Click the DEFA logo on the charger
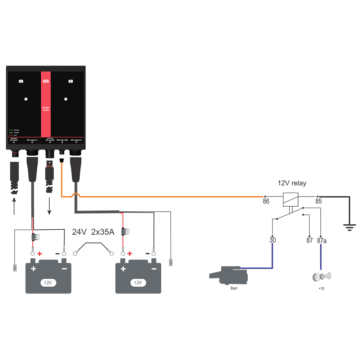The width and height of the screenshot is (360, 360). pos(46,81)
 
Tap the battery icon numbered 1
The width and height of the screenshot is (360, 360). pos(21,81)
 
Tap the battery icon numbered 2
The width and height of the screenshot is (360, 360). pos(71,81)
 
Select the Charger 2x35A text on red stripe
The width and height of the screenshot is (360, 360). pos(46,109)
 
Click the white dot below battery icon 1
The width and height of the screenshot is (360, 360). pos(26,99)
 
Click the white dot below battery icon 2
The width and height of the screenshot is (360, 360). pos(66,99)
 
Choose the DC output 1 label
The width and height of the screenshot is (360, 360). pos(32,139)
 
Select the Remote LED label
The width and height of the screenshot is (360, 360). pos(62,139)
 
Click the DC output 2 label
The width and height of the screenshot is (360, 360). pos(76,139)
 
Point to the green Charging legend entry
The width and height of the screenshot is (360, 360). pos(15,130)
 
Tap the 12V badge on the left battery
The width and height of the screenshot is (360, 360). pos(48,283)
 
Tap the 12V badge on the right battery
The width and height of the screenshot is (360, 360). pos(138,283)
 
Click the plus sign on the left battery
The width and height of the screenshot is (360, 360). pos(33,269)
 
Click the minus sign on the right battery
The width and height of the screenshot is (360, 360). pos(154,269)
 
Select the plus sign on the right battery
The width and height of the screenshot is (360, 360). pos(123,269)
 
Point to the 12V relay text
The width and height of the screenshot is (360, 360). pos(292,184)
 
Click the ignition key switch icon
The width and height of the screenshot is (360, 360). pos(323,277)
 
